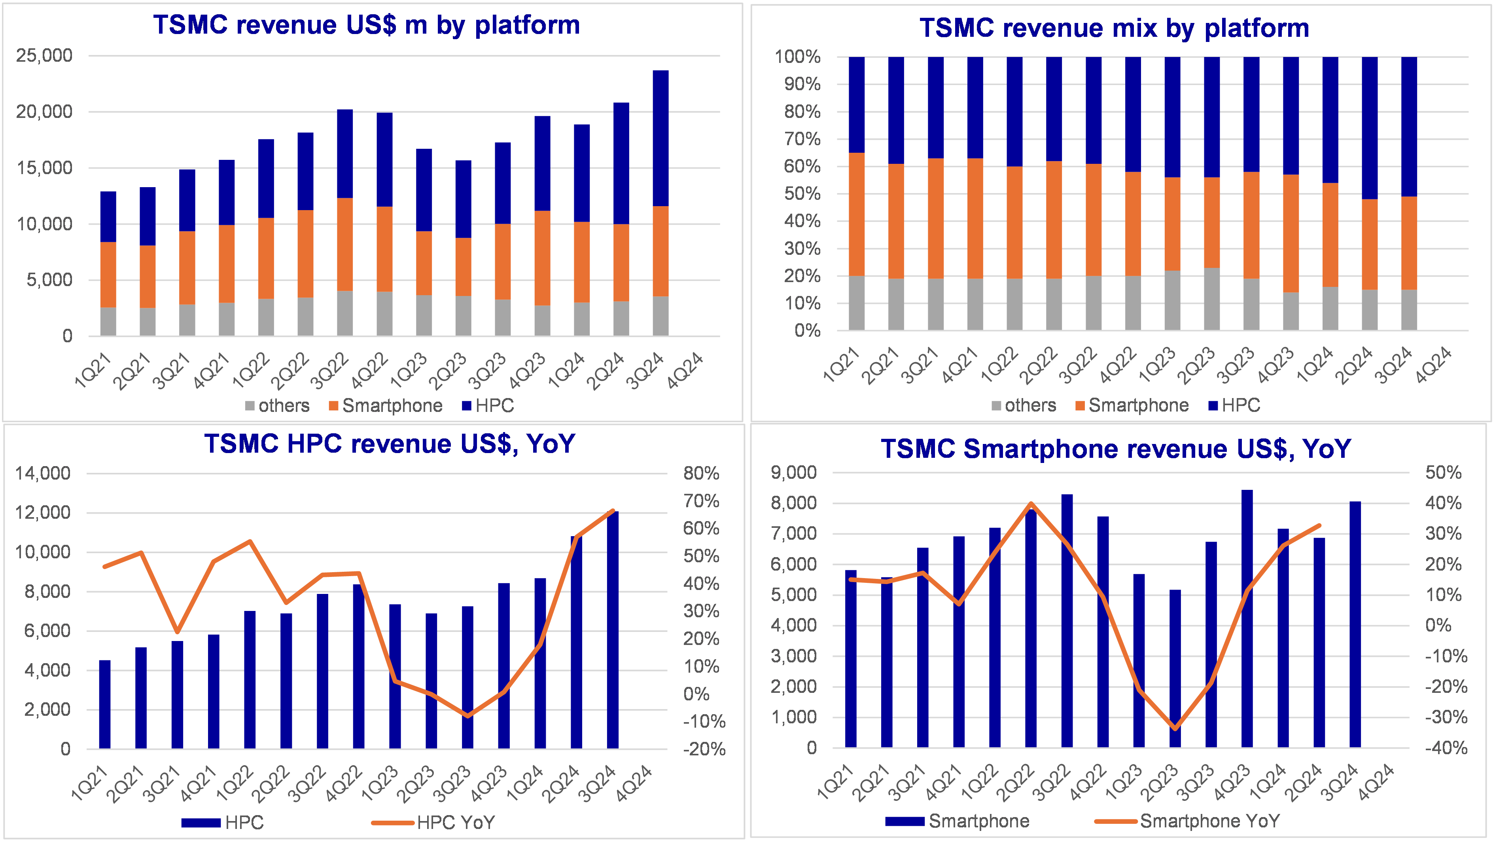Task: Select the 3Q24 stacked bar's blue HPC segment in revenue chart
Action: pyautogui.click(x=660, y=138)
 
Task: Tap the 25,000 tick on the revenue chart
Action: pyautogui.click(x=44, y=56)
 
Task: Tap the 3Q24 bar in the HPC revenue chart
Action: pyautogui.click(x=612, y=630)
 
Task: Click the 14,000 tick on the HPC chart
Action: pyautogui.click(x=42, y=473)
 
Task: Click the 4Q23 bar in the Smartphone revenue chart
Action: pyautogui.click(x=1247, y=618)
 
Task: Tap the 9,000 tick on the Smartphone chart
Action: pyautogui.click(x=793, y=472)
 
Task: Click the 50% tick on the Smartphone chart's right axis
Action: pyautogui.click(x=1443, y=472)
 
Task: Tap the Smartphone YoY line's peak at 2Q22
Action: pyautogui.click(x=1031, y=503)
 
